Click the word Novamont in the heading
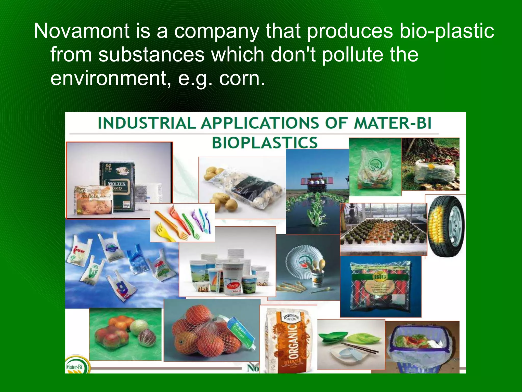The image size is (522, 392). tap(82, 31)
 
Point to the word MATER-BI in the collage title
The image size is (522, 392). tap(393, 123)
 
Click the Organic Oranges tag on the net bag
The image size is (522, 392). tap(240, 329)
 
